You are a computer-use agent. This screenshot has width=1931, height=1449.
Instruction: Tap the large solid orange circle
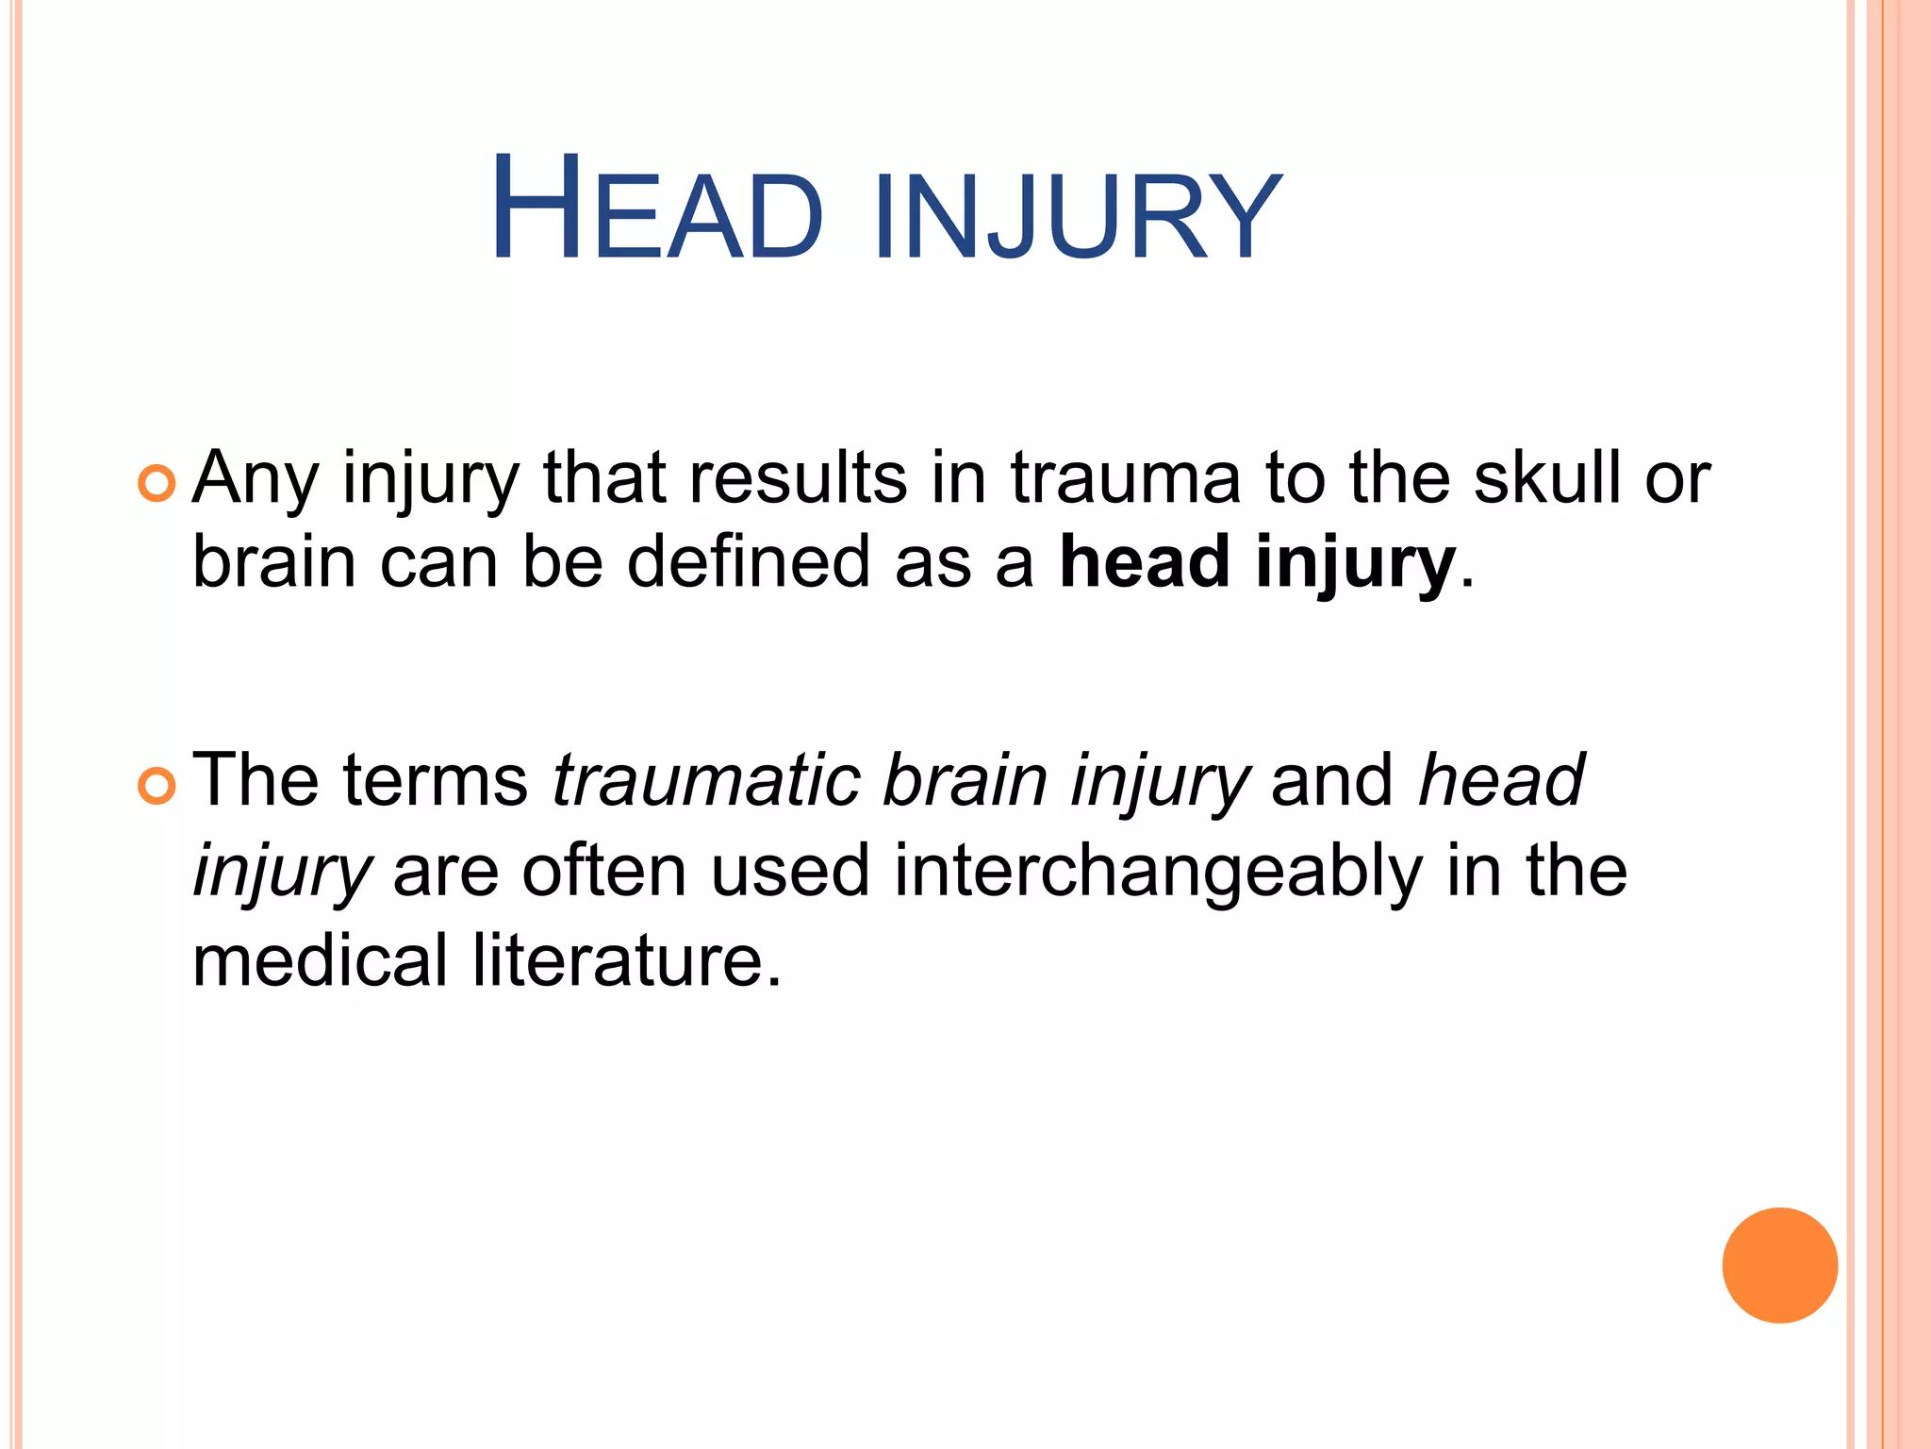click(x=1779, y=1265)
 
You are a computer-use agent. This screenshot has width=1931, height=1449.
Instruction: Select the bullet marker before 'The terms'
click(x=156, y=787)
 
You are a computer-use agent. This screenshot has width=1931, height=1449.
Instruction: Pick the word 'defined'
click(x=749, y=562)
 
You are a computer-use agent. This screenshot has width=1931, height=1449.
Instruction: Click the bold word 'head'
click(x=1144, y=562)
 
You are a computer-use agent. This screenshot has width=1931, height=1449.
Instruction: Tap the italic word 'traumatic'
click(x=706, y=781)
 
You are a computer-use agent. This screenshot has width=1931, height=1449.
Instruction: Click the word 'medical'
click(x=320, y=960)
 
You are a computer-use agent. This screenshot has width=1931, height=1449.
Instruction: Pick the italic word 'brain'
click(x=965, y=781)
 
